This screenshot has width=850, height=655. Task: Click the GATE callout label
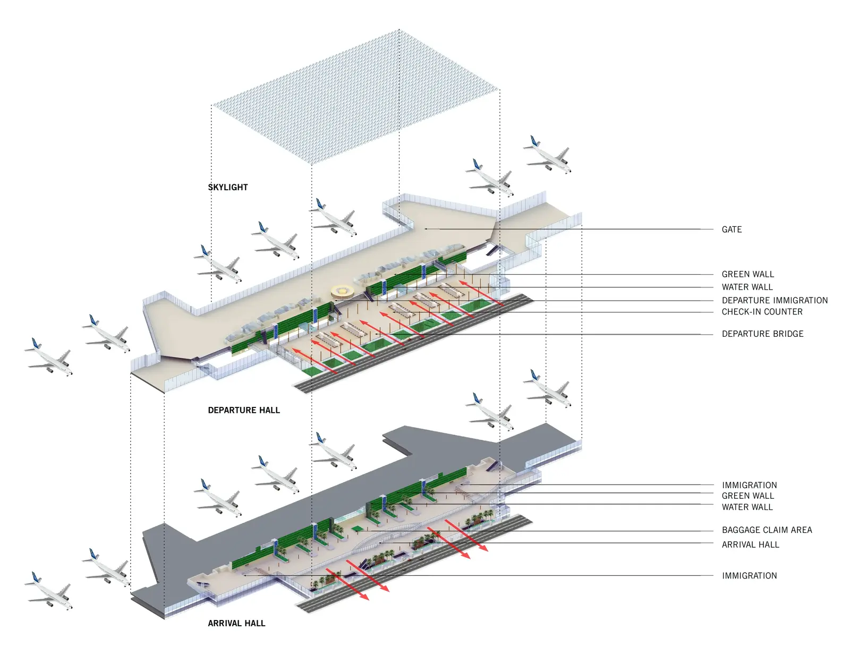tap(732, 229)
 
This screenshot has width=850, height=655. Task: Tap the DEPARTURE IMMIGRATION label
tap(775, 300)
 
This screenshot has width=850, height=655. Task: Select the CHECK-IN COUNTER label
tap(762, 312)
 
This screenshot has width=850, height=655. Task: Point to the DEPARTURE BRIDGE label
tap(762, 334)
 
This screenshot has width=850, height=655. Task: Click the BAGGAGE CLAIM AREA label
tap(767, 530)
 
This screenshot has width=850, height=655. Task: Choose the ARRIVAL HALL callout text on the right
tap(750, 545)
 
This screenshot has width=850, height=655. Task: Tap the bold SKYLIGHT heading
tap(228, 188)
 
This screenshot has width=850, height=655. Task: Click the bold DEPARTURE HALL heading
tap(244, 410)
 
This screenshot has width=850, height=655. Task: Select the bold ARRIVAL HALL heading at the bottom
tap(236, 623)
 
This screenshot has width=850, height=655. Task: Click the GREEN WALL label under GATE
tap(747, 274)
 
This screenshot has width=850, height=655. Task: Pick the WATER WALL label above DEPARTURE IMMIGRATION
tap(747, 287)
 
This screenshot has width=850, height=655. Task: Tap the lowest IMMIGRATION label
tap(749, 576)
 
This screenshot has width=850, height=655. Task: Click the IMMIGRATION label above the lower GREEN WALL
tap(749, 486)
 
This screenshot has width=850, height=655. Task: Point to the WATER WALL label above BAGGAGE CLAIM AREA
tap(747, 507)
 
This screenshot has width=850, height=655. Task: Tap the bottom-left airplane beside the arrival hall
tap(48, 591)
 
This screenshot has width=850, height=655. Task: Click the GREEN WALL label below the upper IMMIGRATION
tap(747, 496)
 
